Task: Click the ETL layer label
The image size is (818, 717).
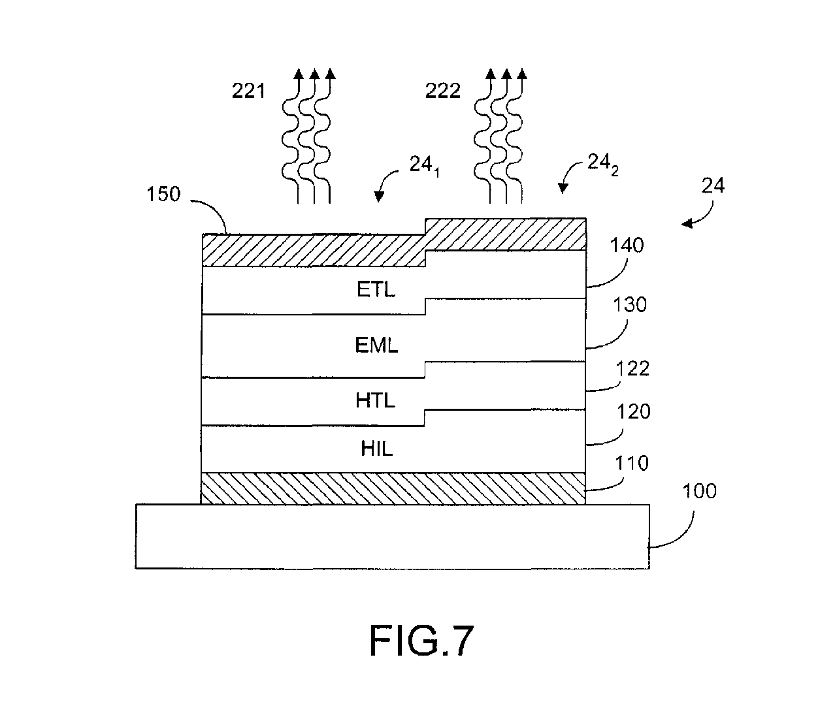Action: [376, 289]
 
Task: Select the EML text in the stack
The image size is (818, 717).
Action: [376, 345]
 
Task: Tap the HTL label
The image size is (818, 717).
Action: [375, 400]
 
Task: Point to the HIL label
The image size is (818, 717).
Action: [377, 448]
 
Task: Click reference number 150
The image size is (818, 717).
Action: [163, 194]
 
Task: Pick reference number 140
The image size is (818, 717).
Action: [627, 245]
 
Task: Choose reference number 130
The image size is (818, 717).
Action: [630, 304]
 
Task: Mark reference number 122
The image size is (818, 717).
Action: [632, 368]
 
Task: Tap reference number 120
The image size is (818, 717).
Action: [634, 411]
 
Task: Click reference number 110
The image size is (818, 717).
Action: [631, 463]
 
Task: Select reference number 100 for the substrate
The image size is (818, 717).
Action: [699, 491]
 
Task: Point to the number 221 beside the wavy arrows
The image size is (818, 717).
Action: [248, 91]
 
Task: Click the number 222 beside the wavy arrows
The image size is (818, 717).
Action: [443, 91]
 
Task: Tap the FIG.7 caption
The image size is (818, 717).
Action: [421, 641]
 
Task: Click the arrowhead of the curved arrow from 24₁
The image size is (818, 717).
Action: [379, 197]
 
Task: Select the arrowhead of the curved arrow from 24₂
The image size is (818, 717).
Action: [563, 189]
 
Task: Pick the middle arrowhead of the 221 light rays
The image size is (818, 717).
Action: [314, 74]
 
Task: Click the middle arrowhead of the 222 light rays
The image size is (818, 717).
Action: [506, 74]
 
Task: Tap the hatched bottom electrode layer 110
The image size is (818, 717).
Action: [393, 488]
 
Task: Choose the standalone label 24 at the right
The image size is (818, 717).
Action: [713, 185]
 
